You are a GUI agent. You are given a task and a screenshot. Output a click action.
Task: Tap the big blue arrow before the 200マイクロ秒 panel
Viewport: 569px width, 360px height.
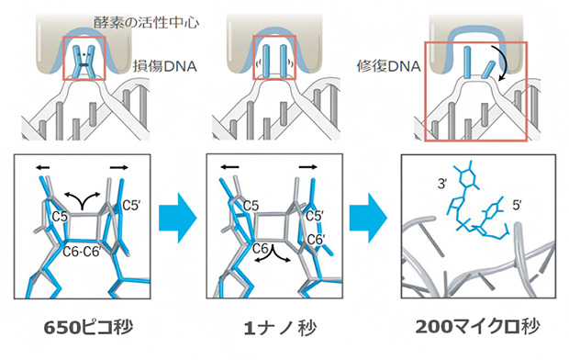[374, 225]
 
